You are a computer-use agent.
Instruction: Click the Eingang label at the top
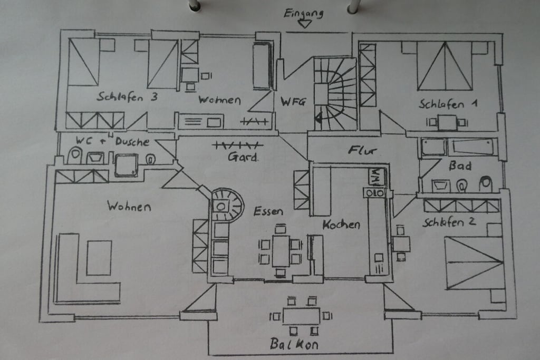coord(303,14)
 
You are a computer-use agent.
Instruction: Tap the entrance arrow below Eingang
coord(305,24)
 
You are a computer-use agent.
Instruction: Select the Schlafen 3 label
coord(127,96)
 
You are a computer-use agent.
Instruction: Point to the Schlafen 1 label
coord(448,104)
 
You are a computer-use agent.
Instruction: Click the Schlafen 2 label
coord(449,222)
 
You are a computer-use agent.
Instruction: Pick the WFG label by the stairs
coord(293,102)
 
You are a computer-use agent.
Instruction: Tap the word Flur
coord(362,150)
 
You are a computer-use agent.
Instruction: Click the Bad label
coord(460,166)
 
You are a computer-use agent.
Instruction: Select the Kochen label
coord(341,225)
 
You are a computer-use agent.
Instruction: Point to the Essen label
coord(268,211)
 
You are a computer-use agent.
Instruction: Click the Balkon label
coord(294,344)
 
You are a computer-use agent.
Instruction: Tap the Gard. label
coord(243,157)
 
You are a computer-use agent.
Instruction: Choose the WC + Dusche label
coord(113,141)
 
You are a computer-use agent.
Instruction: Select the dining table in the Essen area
coord(281,250)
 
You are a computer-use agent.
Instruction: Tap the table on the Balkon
coord(301,316)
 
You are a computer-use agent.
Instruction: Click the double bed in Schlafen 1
coord(445,66)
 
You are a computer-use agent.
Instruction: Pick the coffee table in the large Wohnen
coord(99,258)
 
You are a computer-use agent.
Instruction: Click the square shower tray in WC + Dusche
coord(126,165)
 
